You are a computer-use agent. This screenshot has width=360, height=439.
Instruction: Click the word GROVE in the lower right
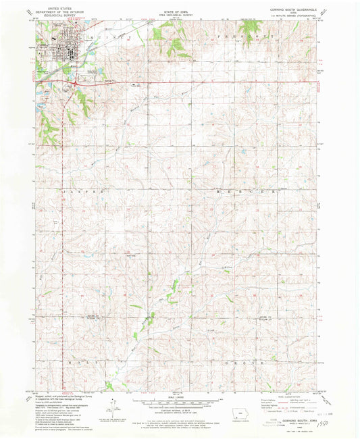click(245, 362)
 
